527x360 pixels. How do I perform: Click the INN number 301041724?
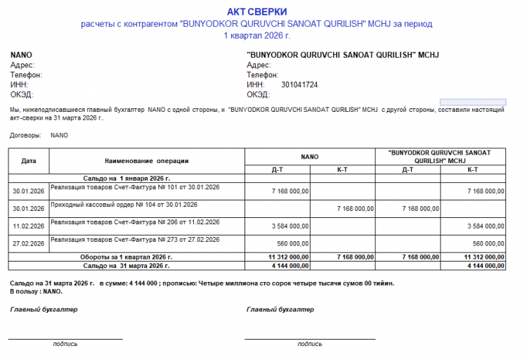(x=299, y=84)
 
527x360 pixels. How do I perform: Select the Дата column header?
(x=29, y=161)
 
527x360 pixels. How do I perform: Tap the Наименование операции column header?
(x=147, y=161)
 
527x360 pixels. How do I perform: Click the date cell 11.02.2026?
(x=29, y=226)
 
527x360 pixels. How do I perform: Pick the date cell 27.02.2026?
(x=29, y=244)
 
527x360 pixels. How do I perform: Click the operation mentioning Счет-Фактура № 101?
(x=136, y=187)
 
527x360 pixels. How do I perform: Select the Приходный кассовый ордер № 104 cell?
(x=124, y=205)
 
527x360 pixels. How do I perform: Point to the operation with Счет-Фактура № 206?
(x=136, y=222)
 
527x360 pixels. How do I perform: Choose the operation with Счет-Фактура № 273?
(x=136, y=240)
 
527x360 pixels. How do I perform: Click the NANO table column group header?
(x=310, y=157)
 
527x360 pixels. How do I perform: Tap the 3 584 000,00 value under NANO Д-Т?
(x=289, y=226)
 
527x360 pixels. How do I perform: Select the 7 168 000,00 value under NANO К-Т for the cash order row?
(x=355, y=209)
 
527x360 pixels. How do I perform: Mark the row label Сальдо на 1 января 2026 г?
(x=126, y=179)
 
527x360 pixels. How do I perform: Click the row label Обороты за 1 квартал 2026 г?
(x=126, y=258)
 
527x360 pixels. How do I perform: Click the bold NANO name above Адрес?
(x=21, y=55)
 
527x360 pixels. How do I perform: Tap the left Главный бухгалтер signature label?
(x=44, y=309)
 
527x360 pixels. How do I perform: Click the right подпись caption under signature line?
(x=310, y=345)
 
